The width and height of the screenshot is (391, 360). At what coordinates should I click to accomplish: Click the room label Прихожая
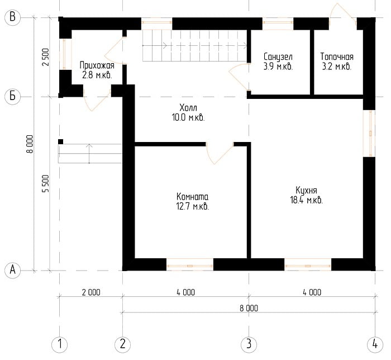pyautogui.click(x=97, y=65)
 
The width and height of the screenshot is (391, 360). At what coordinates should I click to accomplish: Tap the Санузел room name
pyautogui.click(x=278, y=57)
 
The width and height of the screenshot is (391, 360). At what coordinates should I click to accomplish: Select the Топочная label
pyautogui.click(x=337, y=57)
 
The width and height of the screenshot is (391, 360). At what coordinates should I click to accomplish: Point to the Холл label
pyautogui.click(x=188, y=108)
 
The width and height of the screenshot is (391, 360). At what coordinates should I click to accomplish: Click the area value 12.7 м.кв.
pyautogui.click(x=193, y=207)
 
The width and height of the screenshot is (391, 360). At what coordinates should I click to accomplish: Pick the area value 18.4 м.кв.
pyautogui.click(x=307, y=200)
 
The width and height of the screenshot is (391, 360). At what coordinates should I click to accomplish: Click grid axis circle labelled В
pyautogui.click(x=12, y=17)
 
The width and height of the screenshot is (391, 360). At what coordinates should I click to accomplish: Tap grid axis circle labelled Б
pyautogui.click(x=12, y=96)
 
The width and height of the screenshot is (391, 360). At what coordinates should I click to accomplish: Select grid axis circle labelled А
pyautogui.click(x=12, y=270)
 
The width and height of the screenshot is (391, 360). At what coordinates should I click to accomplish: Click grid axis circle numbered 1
pyautogui.click(x=59, y=345)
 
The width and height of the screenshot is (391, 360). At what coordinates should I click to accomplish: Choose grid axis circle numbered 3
pyautogui.click(x=249, y=345)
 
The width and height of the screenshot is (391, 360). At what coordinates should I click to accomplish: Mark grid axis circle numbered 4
pyautogui.click(x=375, y=345)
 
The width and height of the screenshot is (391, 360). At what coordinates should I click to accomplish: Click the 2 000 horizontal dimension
pyautogui.click(x=91, y=292)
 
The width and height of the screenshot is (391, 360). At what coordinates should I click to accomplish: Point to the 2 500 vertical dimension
pyautogui.click(x=46, y=57)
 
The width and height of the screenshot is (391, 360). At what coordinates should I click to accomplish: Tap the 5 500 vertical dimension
pyautogui.click(x=46, y=183)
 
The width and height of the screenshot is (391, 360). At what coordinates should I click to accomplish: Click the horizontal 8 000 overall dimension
pyautogui.click(x=249, y=308)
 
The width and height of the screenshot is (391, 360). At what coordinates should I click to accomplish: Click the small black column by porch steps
pyautogui.click(x=60, y=141)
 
